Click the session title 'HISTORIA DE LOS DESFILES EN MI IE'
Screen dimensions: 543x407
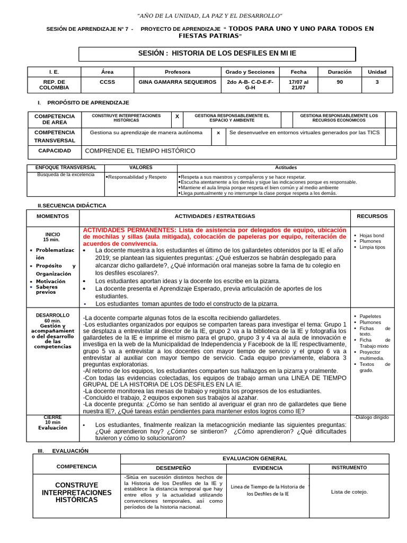click(x=237, y=54)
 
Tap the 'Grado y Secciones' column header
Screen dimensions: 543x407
click(x=250, y=72)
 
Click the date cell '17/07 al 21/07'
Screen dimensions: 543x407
click(x=298, y=85)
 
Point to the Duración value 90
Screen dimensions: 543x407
click(x=339, y=82)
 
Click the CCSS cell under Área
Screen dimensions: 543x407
click(x=107, y=82)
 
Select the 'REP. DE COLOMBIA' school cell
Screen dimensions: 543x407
click(x=54, y=85)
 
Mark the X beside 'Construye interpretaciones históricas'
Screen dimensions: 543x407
click(x=177, y=116)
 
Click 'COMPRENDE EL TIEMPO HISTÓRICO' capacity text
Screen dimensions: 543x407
click(x=140, y=151)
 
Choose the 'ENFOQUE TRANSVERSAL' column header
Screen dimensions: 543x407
click(x=66, y=168)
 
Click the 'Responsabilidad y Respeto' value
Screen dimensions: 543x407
click(x=137, y=177)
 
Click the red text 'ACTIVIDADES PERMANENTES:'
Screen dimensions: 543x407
click(x=129, y=230)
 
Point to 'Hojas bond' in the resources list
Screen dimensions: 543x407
click(x=371, y=235)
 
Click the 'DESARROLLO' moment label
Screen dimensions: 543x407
click(x=52, y=315)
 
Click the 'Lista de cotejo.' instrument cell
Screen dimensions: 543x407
click(x=349, y=492)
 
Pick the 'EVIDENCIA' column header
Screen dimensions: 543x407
click(x=268, y=468)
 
